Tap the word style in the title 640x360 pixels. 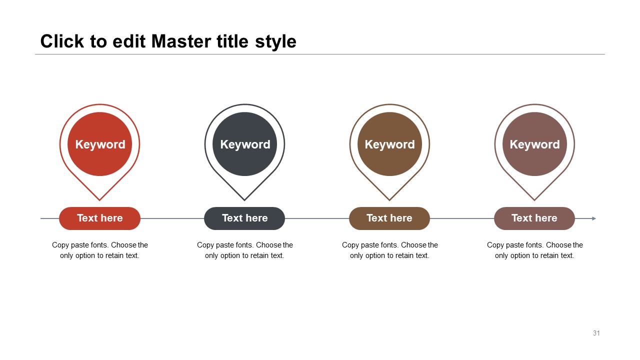275,42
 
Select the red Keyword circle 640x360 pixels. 99,144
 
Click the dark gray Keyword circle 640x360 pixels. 244,144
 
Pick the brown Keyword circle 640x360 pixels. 389,144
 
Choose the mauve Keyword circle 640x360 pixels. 534,144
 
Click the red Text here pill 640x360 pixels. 99,218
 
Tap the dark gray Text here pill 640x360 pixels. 244,218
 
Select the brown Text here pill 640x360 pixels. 389,218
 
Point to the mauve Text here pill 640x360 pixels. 534,218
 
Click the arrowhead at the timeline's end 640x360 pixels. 594,218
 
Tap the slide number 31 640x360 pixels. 596,333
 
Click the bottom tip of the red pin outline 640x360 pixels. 99,200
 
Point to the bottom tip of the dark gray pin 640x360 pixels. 244,200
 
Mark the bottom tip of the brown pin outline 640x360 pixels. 389,200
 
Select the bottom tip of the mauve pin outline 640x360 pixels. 534,200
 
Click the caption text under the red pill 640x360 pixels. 99,250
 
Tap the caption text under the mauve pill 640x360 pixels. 534,250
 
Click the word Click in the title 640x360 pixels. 62,41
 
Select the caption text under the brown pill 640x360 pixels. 389,250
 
